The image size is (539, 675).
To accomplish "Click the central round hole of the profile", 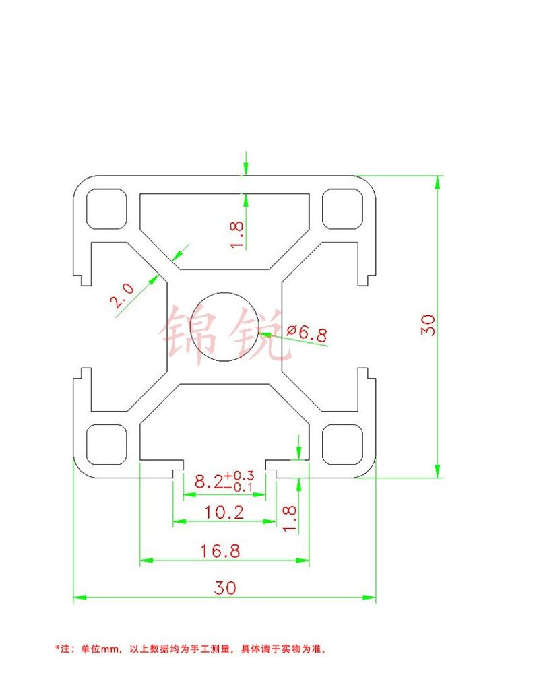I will (x=224, y=329).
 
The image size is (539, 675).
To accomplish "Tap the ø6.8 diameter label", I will (x=307, y=332).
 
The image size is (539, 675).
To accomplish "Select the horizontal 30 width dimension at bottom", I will (x=225, y=588).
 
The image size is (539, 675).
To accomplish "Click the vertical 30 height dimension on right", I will (x=429, y=325).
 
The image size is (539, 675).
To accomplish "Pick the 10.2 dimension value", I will (x=224, y=513).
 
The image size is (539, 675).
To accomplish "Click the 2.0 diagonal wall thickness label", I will (x=123, y=296).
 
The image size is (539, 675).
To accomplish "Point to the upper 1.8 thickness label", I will (x=236, y=234).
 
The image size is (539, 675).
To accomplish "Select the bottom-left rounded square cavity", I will (x=106, y=444).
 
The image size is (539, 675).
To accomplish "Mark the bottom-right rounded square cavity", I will (x=342, y=444).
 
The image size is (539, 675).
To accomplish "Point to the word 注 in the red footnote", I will (x=66, y=650).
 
